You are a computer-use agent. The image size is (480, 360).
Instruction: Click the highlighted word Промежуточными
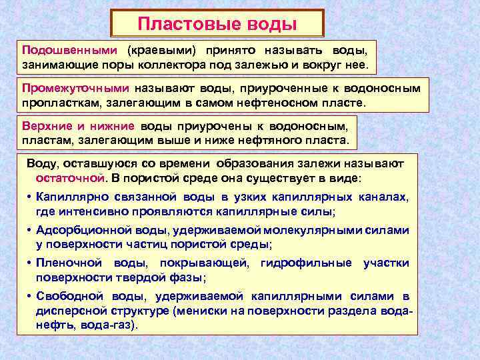pyautogui.click(x=75, y=89)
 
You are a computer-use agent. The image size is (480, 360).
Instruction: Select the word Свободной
pyautogui.click(x=69, y=296)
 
